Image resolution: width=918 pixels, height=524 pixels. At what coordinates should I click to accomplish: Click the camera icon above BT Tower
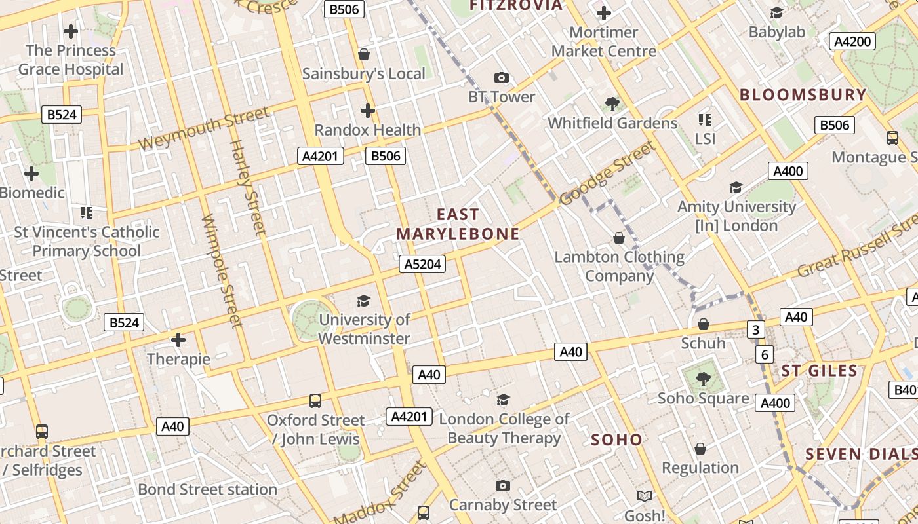tap(502, 78)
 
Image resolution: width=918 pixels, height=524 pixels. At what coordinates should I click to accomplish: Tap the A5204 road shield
tap(422, 264)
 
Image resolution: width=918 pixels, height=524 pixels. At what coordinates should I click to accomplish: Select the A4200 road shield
tap(852, 41)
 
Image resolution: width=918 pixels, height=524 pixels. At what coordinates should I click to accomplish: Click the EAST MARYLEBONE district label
tap(458, 224)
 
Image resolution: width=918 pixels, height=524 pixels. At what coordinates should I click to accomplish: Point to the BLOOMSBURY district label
tap(803, 94)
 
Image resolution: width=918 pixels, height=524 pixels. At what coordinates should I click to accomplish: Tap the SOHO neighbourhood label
tap(616, 440)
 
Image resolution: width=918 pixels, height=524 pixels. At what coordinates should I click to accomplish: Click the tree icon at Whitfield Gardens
tap(612, 103)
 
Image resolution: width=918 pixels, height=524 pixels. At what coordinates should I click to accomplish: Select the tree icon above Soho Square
tap(703, 379)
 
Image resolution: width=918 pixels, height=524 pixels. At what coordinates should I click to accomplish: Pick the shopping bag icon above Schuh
tap(703, 324)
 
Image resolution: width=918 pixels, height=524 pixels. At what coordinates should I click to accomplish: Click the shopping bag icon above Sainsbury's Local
tap(364, 54)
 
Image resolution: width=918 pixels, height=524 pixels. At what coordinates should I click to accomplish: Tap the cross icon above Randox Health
tap(368, 110)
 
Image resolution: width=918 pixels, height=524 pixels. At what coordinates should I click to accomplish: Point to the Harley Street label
tap(249, 187)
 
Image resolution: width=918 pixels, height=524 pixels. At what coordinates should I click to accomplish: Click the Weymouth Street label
tap(203, 129)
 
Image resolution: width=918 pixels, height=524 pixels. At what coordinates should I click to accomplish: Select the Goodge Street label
tap(608, 174)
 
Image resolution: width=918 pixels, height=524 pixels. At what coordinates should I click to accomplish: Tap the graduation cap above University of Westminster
tap(363, 301)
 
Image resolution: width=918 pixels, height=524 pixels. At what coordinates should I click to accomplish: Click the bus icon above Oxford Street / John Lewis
tap(315, 400)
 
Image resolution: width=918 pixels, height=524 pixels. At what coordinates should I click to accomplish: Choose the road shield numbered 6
tap(765, 354)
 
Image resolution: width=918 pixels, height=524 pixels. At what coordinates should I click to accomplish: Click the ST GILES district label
tap(819, 371)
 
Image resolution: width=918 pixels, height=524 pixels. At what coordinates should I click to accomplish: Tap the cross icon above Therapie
tap(178, 339)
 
